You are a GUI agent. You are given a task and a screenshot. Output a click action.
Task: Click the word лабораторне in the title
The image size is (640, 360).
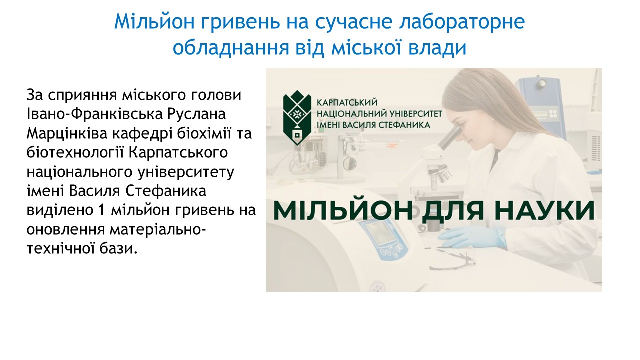pyautogui.click(x=462, y=22)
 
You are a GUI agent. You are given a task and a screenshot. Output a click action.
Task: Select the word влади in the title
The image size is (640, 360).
pyautogui.click(x=437, y=47)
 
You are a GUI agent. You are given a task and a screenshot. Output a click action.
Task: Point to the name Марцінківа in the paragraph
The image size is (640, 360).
pyautogui.click(x=67, y=133)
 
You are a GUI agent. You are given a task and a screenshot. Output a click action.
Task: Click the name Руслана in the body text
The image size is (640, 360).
pyautogui.click(x=196, y=114)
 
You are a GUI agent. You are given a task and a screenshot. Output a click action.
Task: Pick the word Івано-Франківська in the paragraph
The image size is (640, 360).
pyautogui.click(x=95, y=114)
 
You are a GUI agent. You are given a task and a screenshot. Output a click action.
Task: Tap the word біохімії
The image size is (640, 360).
pyautogui.click(x=204, y=133)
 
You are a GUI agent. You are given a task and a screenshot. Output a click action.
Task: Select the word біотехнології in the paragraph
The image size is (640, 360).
pyautogui.click(x=75, y=152)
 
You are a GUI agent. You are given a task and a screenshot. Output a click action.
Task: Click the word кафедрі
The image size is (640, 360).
pyautogui.click(x=142, y=133)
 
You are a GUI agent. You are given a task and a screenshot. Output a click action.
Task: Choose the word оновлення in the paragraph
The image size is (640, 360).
pyautogui.click(x=66, y=229)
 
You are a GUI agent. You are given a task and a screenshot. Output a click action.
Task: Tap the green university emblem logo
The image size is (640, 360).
pyautogui.click(x=297, y=118)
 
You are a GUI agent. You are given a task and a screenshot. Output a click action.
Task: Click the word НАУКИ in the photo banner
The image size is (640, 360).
pyautogui.click(x=547, y=211)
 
